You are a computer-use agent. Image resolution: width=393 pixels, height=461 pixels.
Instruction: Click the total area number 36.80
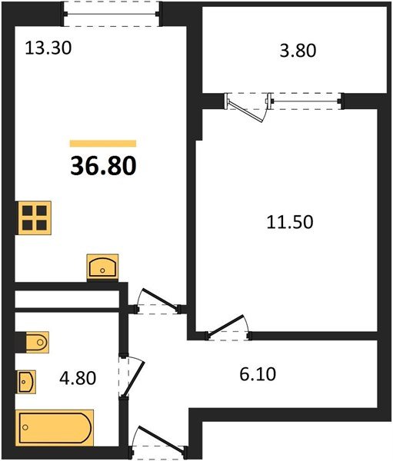click(x=102, y=165)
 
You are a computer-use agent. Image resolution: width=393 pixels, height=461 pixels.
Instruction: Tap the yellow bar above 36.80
click(x=102, y=143)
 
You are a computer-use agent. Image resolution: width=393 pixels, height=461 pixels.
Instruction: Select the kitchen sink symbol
click(x=102, y=267)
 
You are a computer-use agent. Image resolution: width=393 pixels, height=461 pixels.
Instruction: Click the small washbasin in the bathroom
click(x=26, y=380)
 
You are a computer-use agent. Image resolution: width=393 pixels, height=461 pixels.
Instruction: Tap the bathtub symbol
click(x=55, y=426)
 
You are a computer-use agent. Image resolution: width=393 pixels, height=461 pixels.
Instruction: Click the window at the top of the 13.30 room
click(x=112, y=13)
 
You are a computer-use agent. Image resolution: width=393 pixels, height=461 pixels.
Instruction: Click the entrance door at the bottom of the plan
click(x=157, y=442)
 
